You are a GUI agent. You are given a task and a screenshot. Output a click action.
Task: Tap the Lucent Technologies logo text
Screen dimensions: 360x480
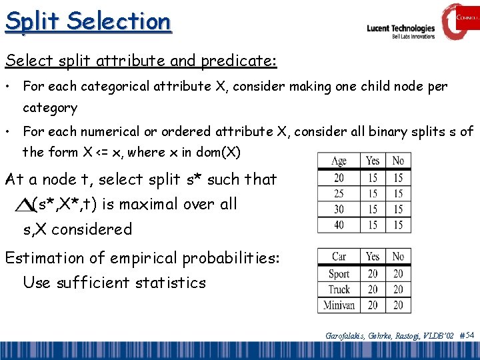[x=401, y=29]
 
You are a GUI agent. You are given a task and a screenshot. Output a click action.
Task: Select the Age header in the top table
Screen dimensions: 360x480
[x=339, y=161]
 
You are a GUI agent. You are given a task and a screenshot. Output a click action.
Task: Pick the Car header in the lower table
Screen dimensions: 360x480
[x=339, y=256]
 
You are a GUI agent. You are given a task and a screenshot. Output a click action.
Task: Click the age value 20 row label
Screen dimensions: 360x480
[x=339, y=177]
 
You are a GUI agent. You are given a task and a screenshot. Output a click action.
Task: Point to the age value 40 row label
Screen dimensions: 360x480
[x=339, y=225]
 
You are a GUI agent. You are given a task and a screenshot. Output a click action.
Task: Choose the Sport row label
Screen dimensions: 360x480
[x=339, y=273]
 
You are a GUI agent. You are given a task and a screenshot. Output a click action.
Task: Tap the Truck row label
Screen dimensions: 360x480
[x=339, y=289]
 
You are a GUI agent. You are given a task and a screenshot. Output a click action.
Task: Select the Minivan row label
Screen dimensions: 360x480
[x=339, y=305]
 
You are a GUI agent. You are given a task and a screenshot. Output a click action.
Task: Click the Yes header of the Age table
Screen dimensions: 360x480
[x=373, y=161]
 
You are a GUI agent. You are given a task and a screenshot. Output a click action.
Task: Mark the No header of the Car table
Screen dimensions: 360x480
[x=398, y=256]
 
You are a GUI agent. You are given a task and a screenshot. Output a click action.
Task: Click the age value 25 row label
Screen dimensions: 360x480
[x=339, y=193]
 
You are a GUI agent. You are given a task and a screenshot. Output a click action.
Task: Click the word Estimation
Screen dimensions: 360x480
[x=47, y=258]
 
